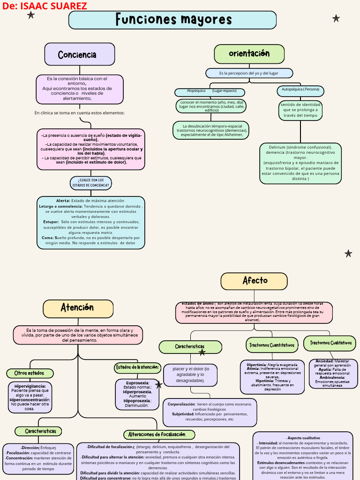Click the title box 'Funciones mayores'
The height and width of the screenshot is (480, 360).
[172, 20]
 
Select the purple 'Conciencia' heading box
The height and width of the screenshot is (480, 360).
[80, 54]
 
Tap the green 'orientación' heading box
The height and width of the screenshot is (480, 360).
[249, 54]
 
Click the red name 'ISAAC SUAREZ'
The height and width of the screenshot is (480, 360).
[52, 6]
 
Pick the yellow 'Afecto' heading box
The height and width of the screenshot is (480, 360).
[254, 281]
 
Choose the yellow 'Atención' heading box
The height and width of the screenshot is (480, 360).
[78, 308]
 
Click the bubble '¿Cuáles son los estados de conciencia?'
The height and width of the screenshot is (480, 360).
[91, 183]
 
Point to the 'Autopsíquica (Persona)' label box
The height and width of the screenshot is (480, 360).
[300, 89]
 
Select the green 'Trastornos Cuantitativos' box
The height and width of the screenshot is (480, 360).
[272, 345]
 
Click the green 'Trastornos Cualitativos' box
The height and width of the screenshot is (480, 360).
[330, 343]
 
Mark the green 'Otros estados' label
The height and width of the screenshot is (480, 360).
[30, 373]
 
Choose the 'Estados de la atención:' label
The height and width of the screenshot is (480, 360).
[138, 367]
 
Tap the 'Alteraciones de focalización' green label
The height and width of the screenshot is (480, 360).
[157, 435]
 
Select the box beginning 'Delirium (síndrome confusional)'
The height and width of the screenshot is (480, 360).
[300, 163]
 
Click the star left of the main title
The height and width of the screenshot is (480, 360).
[31, 15]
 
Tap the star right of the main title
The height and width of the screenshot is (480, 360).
[336, 18]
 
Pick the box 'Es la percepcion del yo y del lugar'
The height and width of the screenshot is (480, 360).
[249, 73]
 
